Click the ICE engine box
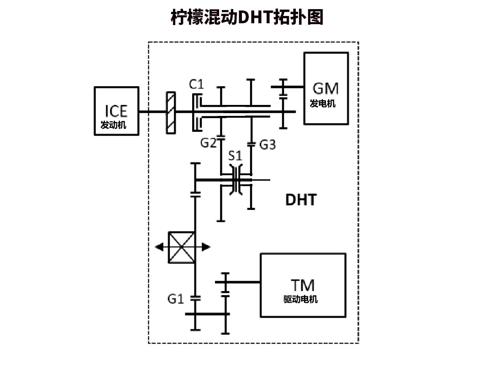[116, 111]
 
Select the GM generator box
[326, 89]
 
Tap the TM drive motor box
[303, 285]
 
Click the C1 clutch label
[197, 84]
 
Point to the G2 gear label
[208, 143]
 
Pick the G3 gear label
[267, 145]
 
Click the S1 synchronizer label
[235, 155]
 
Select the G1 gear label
[175, 299]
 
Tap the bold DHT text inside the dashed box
[300, 200]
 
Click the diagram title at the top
[246, 17]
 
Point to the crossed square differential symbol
[182, 247]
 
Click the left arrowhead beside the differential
[159, 247]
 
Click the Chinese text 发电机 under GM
[323, 104]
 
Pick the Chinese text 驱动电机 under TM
[300, 300]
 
